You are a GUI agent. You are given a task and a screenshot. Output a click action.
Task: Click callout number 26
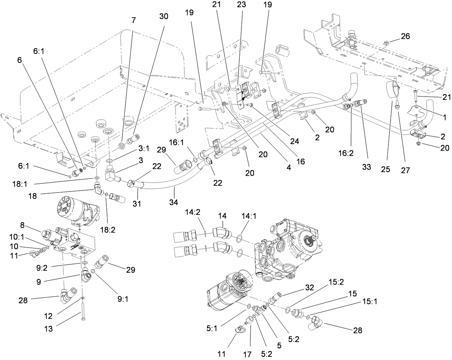405,36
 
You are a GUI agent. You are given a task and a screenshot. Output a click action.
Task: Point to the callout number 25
386,169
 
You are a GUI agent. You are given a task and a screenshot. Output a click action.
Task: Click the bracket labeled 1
418,111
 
